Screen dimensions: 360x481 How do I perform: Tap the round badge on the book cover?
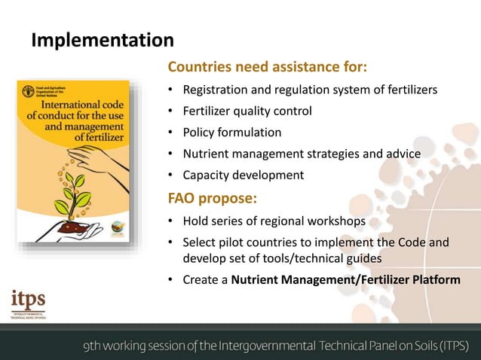(119, 227)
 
